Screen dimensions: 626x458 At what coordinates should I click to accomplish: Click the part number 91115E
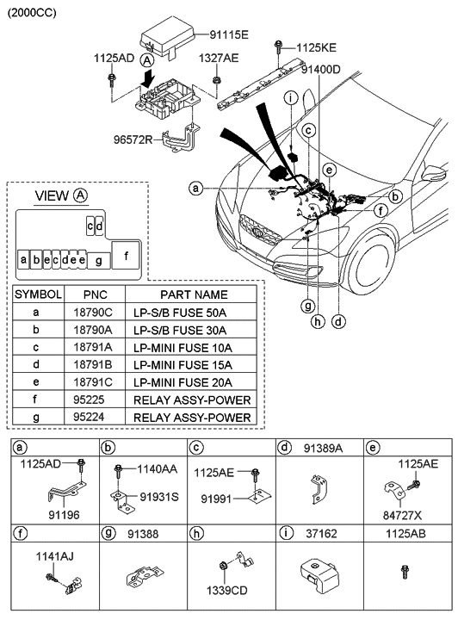click(227, 35)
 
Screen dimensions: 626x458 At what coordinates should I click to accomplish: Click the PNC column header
click(95, 294)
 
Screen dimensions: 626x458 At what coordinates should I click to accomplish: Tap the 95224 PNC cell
click(95, 418)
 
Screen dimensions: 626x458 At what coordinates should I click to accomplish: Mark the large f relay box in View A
click(126, 255)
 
